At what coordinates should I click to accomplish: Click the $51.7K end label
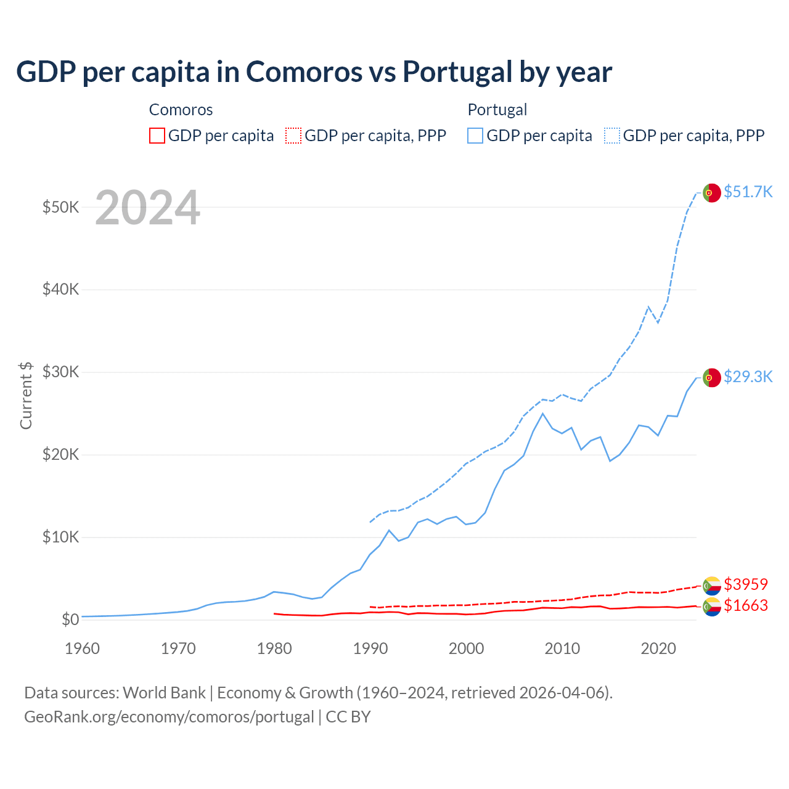pos(748,192)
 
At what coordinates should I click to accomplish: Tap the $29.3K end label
pos(748,377)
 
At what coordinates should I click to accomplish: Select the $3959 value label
pos(746,584)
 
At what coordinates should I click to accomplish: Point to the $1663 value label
pos(746,605)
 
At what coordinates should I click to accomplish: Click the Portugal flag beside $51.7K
pos(711,192)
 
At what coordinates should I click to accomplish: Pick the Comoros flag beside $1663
pos(711,607)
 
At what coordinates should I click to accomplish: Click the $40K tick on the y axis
pos(60,289)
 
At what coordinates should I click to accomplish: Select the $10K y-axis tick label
pos(60,537)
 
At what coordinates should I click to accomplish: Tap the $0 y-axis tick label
pos(70,619)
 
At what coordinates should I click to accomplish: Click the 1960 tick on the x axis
pos(82,648)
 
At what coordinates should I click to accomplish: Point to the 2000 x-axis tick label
pos(466,648)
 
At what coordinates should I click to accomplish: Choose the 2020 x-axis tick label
pos(658,648)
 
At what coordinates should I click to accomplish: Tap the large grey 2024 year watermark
pos(147,208)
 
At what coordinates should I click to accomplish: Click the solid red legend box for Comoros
pos(157,136)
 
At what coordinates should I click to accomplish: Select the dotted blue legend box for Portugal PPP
pos(612,136)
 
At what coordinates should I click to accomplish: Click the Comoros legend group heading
pos(181,110)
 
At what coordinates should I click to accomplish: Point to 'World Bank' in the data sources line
pos(164,693)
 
